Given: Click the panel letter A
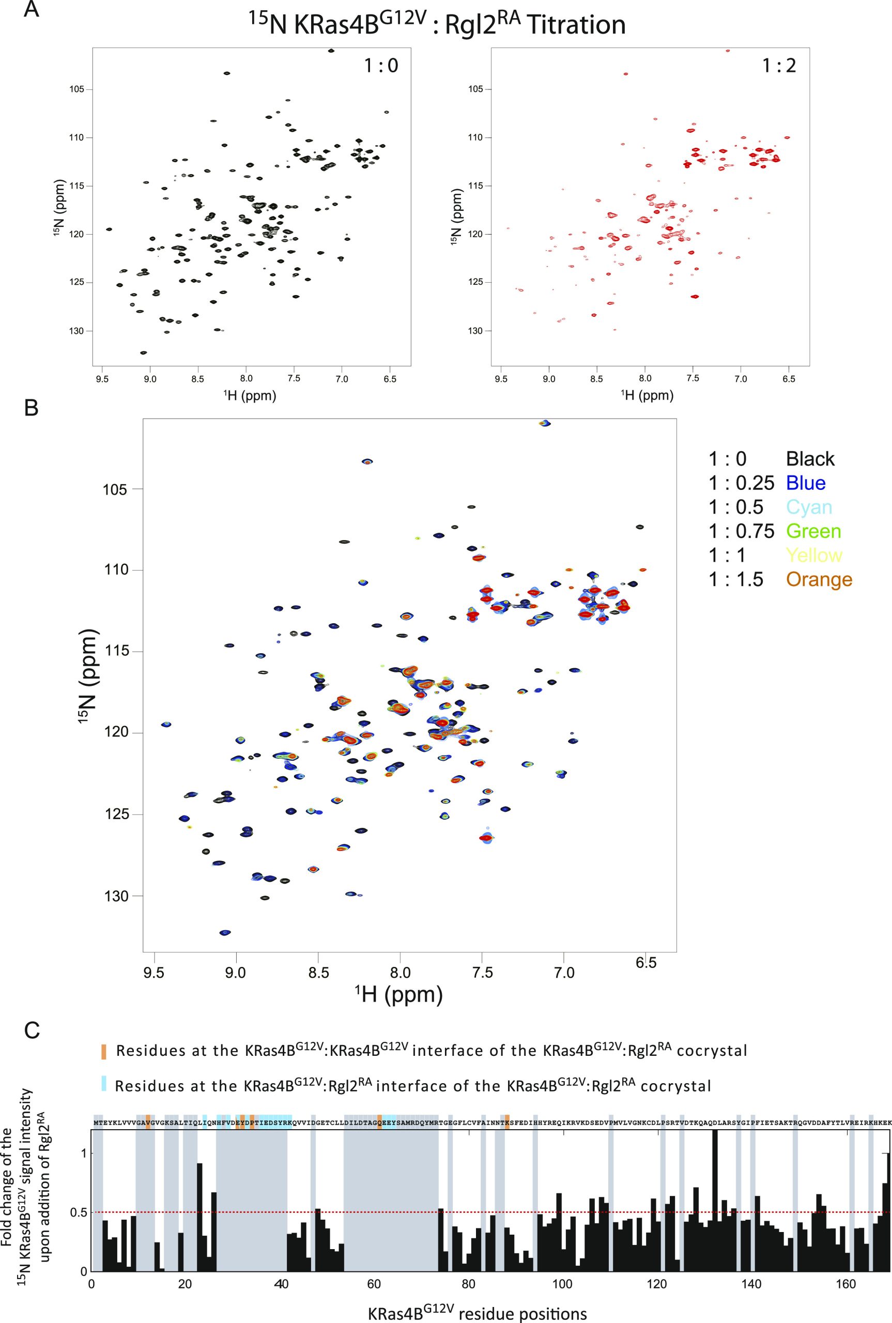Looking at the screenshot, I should click(32, 10).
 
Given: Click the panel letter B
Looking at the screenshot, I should click(32, 407).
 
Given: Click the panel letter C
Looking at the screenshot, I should click(32, 1030).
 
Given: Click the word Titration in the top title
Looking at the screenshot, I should click(576, 26).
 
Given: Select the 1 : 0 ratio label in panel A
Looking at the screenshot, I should click(380, 66).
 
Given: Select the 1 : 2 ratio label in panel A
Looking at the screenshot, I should click(779, 66).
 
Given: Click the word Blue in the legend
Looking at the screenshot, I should click(805, 483).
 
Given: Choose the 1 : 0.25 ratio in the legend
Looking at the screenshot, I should click(741, 483).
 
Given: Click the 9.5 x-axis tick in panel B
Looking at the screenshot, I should click(154, 973).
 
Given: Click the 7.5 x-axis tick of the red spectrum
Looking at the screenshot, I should click(693, 379).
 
